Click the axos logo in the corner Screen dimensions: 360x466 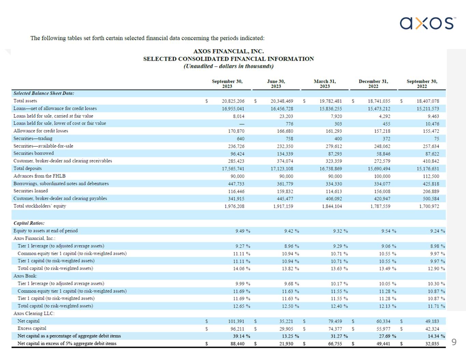click(x=427, y=23)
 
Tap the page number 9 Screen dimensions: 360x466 click(x=454, y=342)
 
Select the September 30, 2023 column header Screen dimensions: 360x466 click(x=227, y=84)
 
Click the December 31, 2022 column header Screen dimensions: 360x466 click(x=373, y=84)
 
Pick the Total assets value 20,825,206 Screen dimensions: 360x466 click(x=233, y=101)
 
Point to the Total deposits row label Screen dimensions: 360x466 click(x=28, y=169)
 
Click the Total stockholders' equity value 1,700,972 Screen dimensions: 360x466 click(x=429, y=206)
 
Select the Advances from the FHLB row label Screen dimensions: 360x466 click(x=39, y=176)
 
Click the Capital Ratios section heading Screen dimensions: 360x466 click(x=29, y=223)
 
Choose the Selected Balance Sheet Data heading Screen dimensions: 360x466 click(x=44, y=93)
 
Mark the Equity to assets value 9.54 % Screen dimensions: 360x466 click(x=389, y=231)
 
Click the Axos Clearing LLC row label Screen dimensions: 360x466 click(x=34, y=314)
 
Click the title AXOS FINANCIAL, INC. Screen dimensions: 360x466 click(x=228, y=51)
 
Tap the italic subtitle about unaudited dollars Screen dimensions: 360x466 click(x=228, y=66)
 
